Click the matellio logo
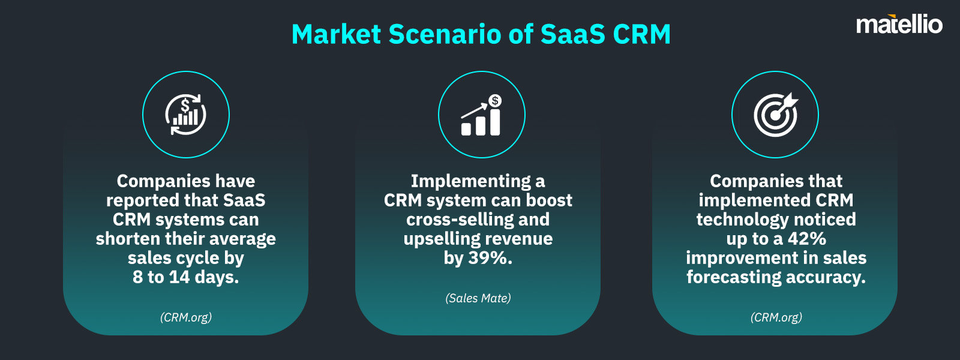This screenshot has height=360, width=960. (x=899, y=25)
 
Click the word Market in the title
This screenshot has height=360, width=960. (x=336, y=34)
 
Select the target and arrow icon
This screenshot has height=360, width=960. (x=776, y=115)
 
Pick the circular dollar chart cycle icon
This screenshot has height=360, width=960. (x=185, y=115)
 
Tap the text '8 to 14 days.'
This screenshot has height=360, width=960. (x=185, y=277)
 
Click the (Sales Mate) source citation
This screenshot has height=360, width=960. (x=478, y=298)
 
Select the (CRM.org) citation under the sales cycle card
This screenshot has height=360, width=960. (x=185, y=317)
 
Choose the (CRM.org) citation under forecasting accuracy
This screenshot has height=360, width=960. (x=776, y=317)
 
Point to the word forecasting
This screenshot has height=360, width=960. (x=734, y=278)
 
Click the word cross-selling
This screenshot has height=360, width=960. (x=459, y=220)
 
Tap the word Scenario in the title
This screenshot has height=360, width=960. (x=445, y=34)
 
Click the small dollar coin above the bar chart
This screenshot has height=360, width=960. (x=495, y=101)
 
